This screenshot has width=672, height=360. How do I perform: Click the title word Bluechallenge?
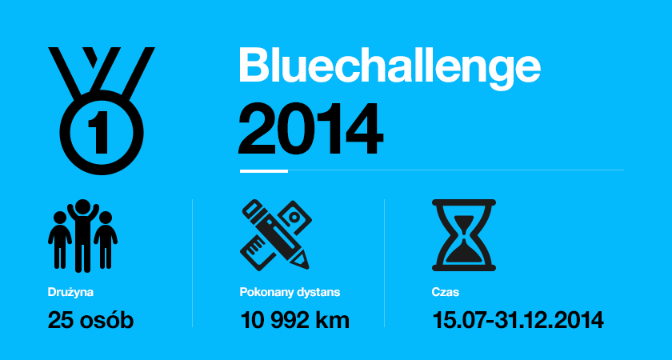[x=390, y=66]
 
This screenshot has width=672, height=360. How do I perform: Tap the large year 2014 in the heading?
[x=310, y=129]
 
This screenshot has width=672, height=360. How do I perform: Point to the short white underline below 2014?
[x=263, y=170]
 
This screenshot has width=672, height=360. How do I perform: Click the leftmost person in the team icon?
[x=60, y=239]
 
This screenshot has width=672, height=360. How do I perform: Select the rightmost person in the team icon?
[x=105, y=239]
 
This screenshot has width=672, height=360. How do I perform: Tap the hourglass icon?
[x=464, y=234]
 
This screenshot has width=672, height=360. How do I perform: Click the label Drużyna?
[x=65, y=293]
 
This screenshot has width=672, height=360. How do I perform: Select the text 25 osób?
[x=90, y=321]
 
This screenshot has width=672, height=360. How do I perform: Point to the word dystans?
[x=325, y=293]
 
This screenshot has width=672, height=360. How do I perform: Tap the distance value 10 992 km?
[x=295, y=321]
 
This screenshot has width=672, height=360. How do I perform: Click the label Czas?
[x=446, y=293]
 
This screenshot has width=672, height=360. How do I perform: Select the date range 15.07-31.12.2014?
[x=518, y=321]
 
